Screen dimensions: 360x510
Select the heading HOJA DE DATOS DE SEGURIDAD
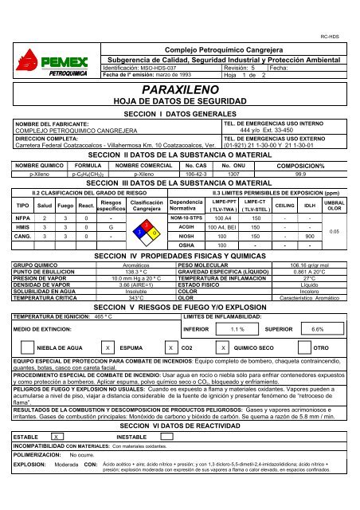pos(179,90)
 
